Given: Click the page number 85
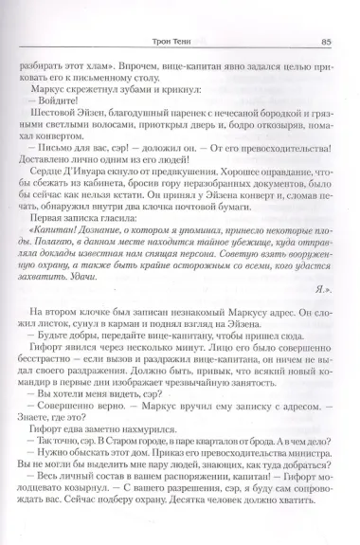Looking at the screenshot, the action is [x=323, y=13].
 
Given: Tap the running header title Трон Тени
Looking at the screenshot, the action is [x=182, y=13].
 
